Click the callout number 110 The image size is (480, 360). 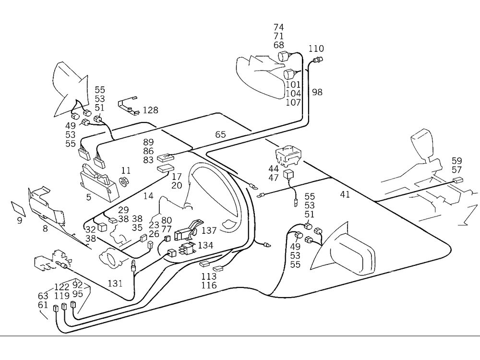316,48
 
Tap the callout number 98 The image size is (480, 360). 317,92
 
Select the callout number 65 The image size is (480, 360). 220,134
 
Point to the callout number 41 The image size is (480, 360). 345,194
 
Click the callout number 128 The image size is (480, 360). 150,110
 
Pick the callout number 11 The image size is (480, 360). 126,170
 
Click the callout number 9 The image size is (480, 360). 20,221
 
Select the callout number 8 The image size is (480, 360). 45,229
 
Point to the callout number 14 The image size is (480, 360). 148,196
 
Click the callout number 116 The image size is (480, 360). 209,286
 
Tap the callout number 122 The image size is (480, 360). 61,287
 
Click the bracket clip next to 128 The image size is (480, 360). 129,106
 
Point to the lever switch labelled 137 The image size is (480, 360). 187,230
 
